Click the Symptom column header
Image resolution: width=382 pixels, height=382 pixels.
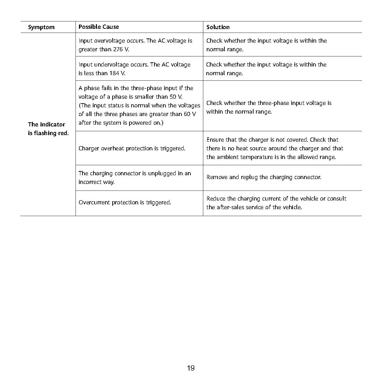41,27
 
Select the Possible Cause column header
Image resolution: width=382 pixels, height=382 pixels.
99,27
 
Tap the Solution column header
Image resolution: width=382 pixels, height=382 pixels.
218,27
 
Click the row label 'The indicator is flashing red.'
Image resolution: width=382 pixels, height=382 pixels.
48,129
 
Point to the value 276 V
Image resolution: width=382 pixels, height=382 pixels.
121,50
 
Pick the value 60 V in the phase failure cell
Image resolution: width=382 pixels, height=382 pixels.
190,114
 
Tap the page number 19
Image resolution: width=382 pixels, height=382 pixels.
191,368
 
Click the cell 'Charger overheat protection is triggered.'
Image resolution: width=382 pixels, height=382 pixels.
132,149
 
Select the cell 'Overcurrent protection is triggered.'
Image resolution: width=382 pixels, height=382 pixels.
125,203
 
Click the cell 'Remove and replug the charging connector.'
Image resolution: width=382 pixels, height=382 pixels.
264,177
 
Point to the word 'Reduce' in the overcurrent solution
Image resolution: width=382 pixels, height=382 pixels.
216,199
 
